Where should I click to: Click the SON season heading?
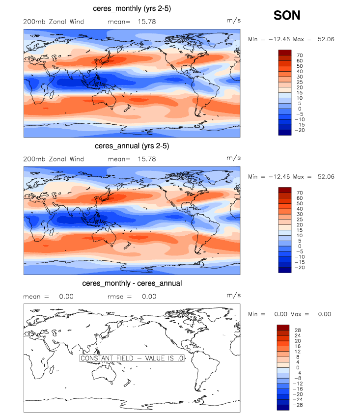[287, 16]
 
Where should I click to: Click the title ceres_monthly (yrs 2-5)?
[132, 9]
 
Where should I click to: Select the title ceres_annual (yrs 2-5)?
[132, 146]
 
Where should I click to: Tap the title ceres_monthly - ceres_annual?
[132, 283]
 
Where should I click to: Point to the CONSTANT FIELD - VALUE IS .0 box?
[132, 359]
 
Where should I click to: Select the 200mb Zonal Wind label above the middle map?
[54, 159]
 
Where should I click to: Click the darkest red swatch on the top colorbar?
[285, 52]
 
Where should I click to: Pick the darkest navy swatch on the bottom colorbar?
[283, 407]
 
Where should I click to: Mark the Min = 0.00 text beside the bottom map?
[265, 314]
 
